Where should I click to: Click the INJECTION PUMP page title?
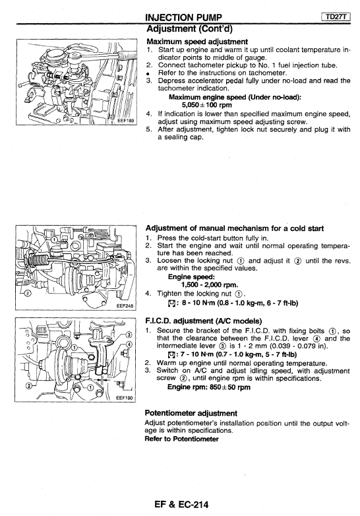coord(183,17)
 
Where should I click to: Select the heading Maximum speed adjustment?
coord(197,42)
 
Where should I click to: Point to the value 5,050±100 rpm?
coord(206,105)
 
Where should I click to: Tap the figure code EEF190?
coord(125,398)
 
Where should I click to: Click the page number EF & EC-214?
coord(181,504)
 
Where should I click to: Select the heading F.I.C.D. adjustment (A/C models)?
coord(203,321)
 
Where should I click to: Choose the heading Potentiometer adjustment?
coord(191,413)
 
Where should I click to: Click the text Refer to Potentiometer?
coord(181,439)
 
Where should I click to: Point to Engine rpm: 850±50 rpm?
coord(209,387)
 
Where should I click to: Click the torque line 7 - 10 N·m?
coord(232,354)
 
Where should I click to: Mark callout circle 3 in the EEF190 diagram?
coord(129,335)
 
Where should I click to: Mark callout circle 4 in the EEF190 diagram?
coord(129,344)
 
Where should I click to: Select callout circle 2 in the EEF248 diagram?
coord(28,293)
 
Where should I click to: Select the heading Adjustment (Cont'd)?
coord(189,29)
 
